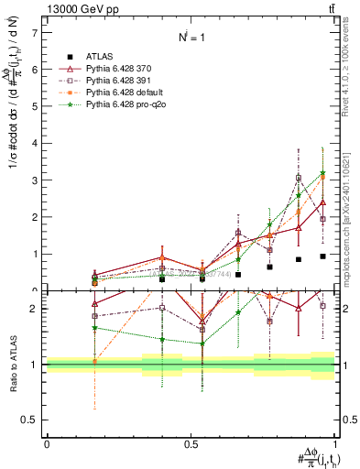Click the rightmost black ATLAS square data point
322,256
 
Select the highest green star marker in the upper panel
322,173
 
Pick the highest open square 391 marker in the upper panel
299,179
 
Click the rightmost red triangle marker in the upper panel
322,202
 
